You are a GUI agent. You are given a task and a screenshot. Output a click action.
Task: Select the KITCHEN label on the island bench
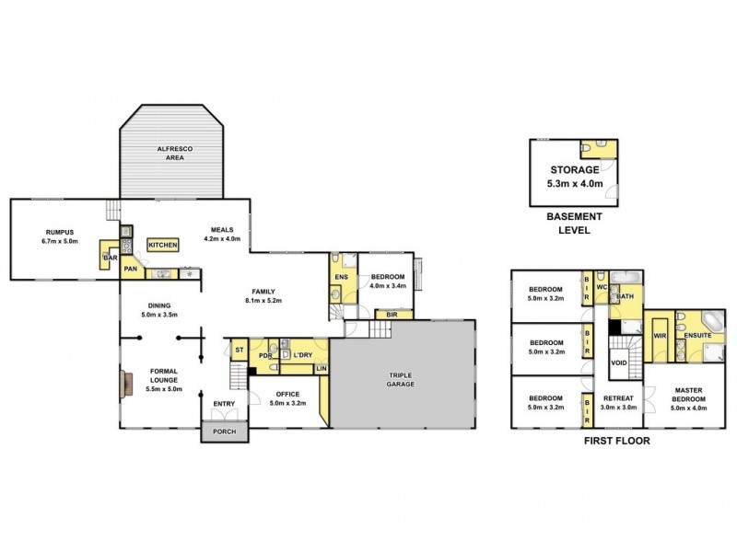point(163,245)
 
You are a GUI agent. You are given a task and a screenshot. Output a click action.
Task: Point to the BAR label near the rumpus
point(109,259)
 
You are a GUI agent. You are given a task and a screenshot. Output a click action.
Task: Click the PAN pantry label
point(132,269)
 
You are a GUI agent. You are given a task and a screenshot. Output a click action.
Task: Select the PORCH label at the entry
point(224,432)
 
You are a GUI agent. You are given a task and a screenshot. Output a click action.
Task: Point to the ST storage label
point(239,350)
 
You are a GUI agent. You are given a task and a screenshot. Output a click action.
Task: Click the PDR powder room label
point(264,356)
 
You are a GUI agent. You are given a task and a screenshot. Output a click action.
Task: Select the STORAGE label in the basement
point(575,170)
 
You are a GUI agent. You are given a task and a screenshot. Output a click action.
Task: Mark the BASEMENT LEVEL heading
point(575,223)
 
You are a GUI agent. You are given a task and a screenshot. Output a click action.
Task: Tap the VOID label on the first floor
point(619,363)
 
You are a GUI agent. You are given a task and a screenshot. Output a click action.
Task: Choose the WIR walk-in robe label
point(660,337)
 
